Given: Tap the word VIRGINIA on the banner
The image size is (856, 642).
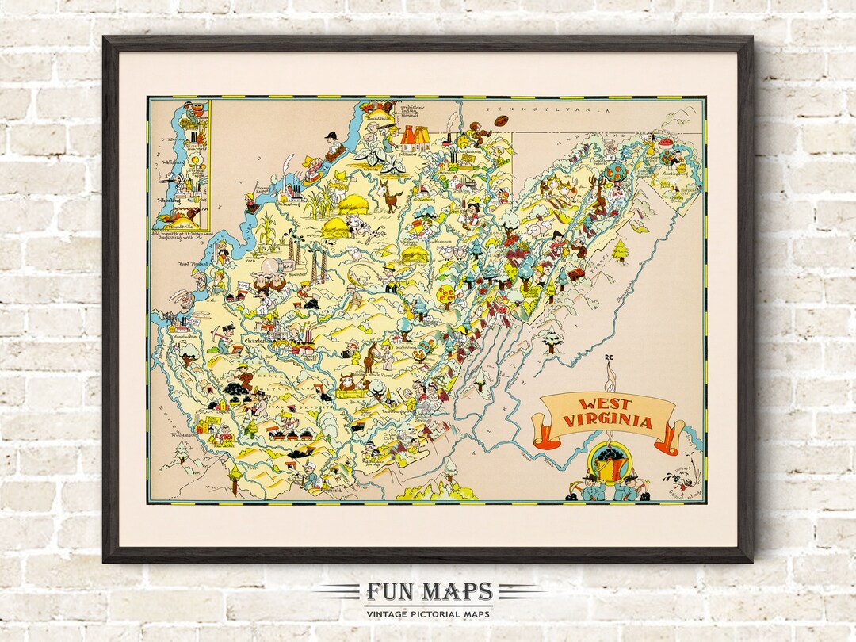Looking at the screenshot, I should click(610, 421).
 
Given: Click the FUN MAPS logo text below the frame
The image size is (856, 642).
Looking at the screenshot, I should click(428, 592).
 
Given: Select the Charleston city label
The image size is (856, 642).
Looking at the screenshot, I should click(257, 342).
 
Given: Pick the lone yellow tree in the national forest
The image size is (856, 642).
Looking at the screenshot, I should click(621, 250).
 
